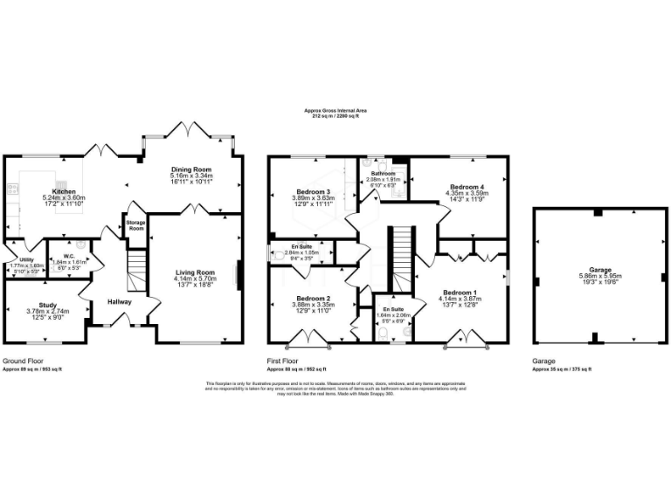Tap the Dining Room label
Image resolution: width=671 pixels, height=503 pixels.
pos(191,169)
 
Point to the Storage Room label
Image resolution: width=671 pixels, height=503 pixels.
pos(135,224)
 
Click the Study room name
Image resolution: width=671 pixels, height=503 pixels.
pos(47,304)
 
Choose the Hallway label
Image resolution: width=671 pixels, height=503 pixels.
pos(120,301)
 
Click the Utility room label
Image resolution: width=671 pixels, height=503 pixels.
pos(18,260)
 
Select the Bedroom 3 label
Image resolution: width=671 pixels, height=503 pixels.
pos(313,191)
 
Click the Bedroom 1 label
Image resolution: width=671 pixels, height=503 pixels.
pos(460,292)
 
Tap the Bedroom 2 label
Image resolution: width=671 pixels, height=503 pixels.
pos(312,298)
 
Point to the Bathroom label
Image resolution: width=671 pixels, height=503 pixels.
pos(383,161)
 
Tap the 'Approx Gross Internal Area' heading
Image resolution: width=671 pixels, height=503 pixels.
pos(335,110)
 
